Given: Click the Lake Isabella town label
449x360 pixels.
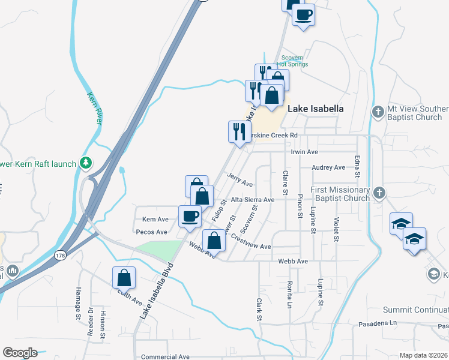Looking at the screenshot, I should coord(316,109).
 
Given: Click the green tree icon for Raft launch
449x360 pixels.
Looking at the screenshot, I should coord(86,163).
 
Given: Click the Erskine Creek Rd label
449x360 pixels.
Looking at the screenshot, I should coord(274,136).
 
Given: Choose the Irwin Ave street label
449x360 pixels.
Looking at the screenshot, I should coord(304,152).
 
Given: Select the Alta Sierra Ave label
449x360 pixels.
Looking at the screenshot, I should coord(253,199).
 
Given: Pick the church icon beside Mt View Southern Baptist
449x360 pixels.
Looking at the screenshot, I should coord(378,112).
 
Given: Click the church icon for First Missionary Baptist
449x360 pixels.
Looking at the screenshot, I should coord(378,193).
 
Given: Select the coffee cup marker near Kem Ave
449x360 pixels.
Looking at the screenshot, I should coord(190,216).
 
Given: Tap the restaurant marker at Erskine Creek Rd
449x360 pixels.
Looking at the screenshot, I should coord(239,131).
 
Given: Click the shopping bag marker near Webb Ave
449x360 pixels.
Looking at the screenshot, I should coord(214,241).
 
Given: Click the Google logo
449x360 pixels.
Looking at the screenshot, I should coord(20,353).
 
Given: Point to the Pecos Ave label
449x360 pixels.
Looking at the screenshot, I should coord(152,232).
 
